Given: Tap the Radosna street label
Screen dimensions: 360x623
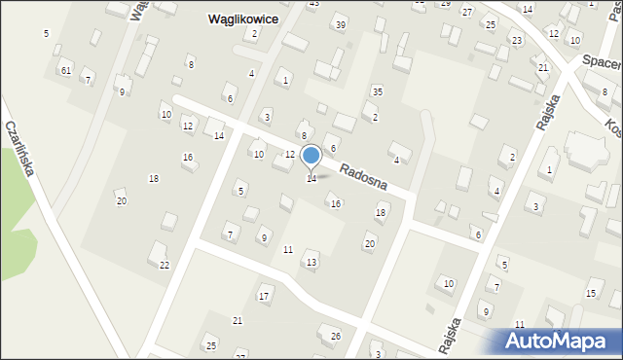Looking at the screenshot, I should coord(363,176).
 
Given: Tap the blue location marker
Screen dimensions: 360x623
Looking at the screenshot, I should coord(311,156).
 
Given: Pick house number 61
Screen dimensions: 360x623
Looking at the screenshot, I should coord(65,71).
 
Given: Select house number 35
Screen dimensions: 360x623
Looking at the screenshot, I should coord(377,91).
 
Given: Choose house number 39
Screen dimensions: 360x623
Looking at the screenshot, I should coord(340,24).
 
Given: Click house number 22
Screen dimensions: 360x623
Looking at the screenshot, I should coord(165,265).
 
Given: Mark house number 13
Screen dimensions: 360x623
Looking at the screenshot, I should coord(311,263).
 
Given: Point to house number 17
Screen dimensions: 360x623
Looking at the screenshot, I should coord(264,296).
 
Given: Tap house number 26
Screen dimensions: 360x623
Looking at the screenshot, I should coord(336,337).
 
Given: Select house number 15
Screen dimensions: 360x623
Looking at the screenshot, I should coord(590,294).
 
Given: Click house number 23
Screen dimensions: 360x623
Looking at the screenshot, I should coord(517,40).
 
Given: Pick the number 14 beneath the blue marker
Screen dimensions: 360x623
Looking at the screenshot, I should coord(311,179).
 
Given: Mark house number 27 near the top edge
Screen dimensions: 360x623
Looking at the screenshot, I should coord(467,12).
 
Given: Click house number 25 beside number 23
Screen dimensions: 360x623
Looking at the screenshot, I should coord(491,24).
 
